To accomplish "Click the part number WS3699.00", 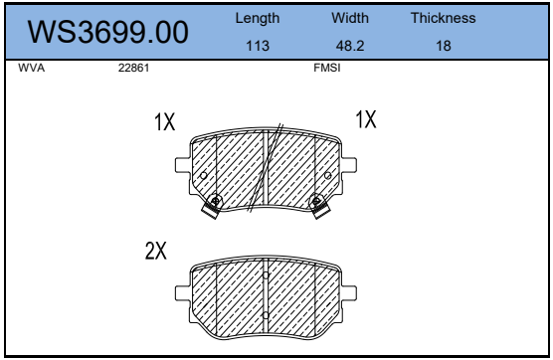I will [x=107, y=32].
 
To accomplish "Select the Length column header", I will [x=258, y=18].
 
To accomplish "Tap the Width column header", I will [x=350, y=18].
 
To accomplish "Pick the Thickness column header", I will [x=443, y=18].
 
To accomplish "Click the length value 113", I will [x=258, y=45].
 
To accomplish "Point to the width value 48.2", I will [x=350, y=45].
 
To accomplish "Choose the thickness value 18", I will [x=443, y=45].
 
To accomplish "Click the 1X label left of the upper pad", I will [x=165, y=122].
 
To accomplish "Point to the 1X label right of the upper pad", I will [x=366, y=119].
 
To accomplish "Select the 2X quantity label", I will [x=155, y=251].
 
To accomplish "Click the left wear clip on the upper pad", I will [x=213, y=205].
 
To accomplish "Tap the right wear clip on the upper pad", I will [x=319, y=205].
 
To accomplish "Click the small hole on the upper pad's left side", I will [x=204, y=176].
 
